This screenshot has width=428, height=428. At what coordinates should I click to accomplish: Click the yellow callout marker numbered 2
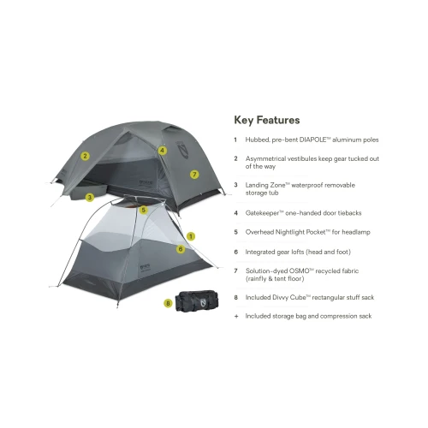pyautogui.click(x=85, y=156)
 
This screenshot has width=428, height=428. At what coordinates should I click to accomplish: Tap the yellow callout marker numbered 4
pyautogui.click(x=163, y=151)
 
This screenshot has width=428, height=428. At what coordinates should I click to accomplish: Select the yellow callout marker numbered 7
pyautogui.click(x=194, y=175)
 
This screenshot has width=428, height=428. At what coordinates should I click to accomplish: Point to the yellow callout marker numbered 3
pyautogui.click(x=90, y=197)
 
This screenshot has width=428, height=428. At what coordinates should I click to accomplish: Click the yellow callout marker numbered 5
pyautogui.click(x=144, y=211)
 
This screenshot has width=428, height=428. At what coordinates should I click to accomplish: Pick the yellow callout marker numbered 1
pyautogui.click(x=191, y=236)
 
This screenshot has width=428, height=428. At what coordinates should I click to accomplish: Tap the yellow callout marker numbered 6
pyautogui.click(x=181, y=249)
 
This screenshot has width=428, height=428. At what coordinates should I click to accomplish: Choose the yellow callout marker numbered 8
pyautogui.click(x=168, y=303)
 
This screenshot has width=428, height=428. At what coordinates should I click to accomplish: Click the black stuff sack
pyautogui.click(x=197, y=301)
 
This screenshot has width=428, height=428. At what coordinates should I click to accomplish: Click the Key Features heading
pyautogui.click(x=267, y=120)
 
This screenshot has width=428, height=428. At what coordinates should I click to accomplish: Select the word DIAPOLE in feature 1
pyautogui.click(x=312, y=140)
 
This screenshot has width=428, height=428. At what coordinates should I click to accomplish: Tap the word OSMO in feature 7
pyautogui.click(x=300, y=271)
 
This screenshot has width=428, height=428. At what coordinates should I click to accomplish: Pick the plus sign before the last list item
pyautogui.click(x=236, y=316)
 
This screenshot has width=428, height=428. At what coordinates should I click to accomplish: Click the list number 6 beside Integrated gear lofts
pyautogui.click(x=236, y=252)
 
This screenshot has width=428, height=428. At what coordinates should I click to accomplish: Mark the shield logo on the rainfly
pyautogui.click(x=182, y=149)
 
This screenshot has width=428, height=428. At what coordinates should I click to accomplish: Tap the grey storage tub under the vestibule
pyautogui.click(x=89, y=191)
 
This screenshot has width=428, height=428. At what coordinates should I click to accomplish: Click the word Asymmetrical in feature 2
pyautogui.click(x=265, y=159)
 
